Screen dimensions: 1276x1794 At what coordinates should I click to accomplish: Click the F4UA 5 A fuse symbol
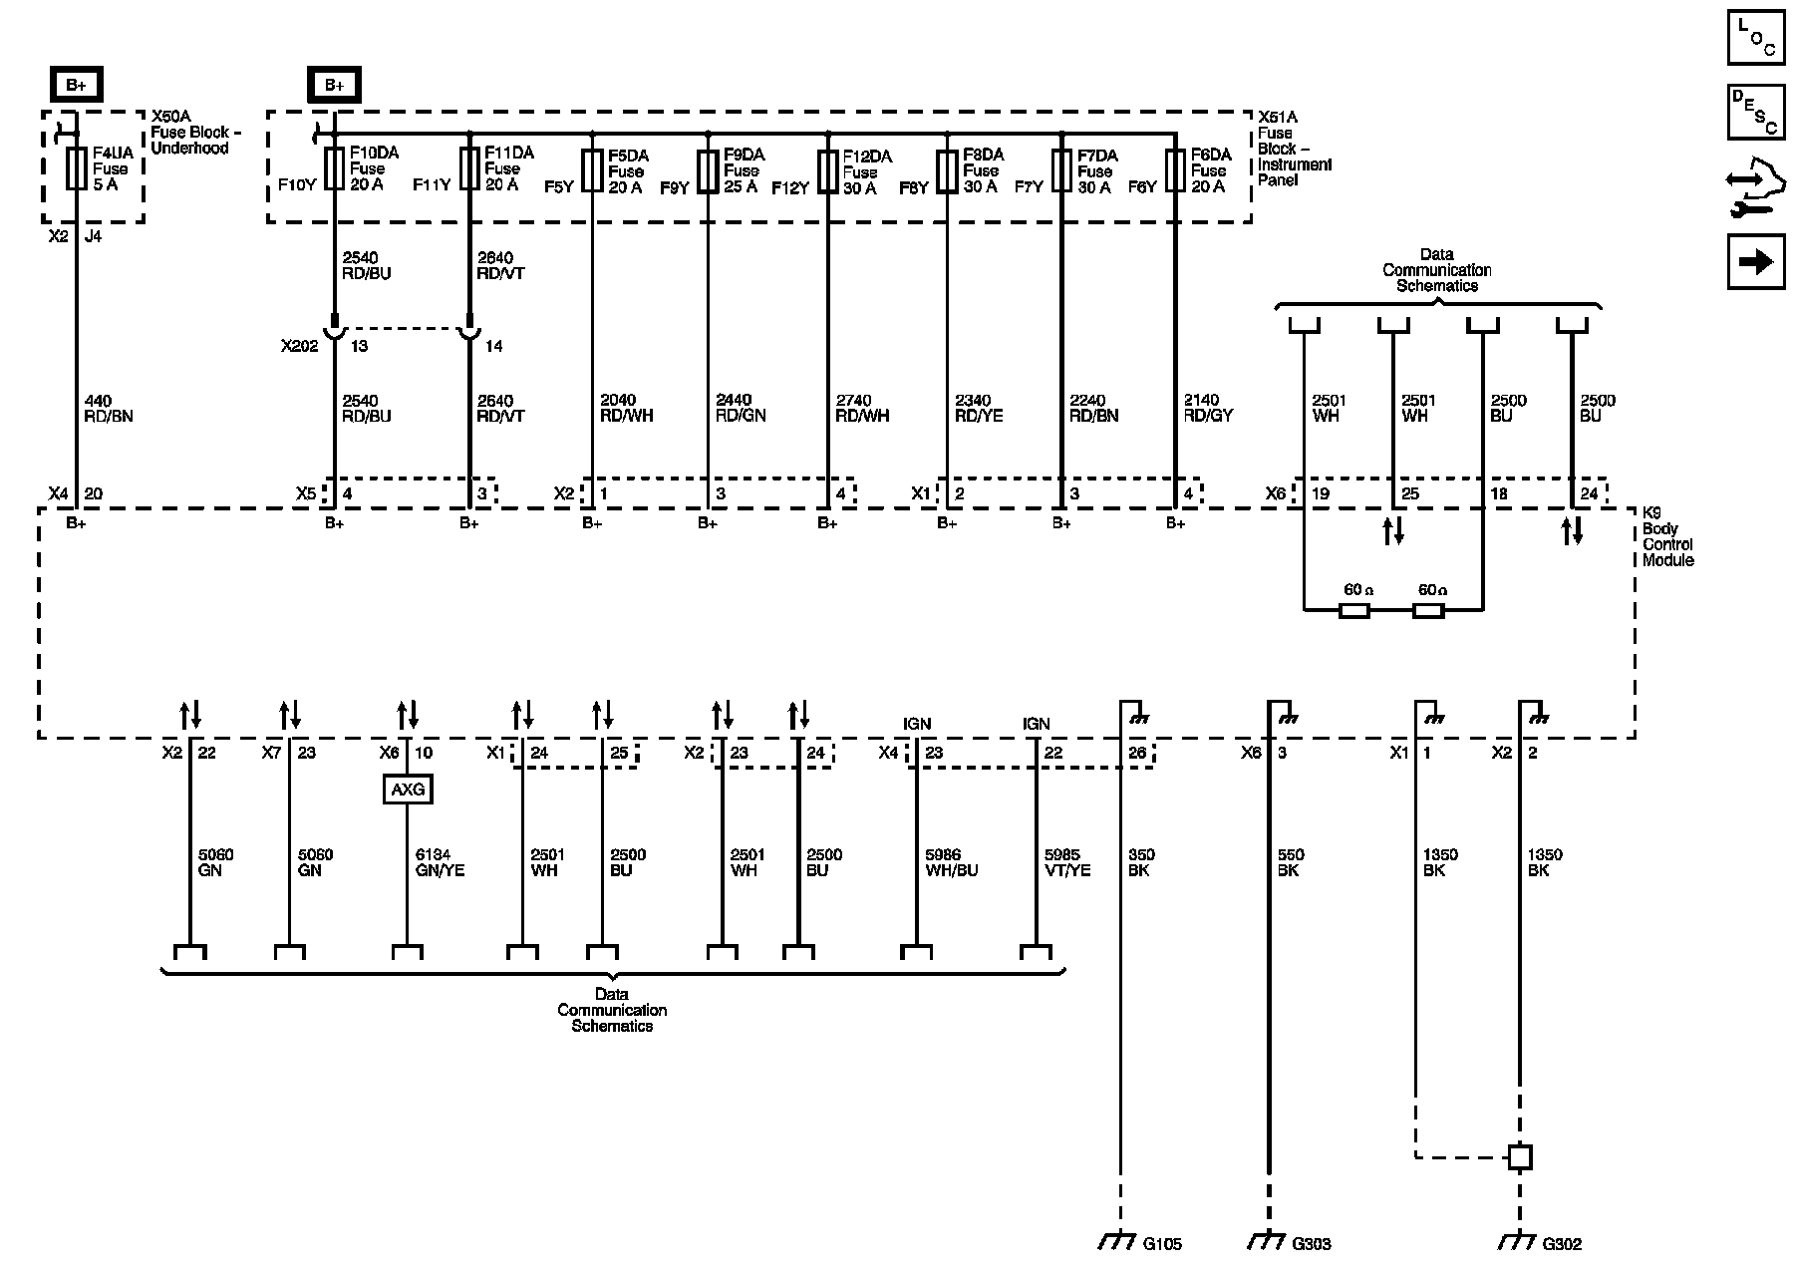click(x=76, y=168)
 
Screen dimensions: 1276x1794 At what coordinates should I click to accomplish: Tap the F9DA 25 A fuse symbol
click(x=708, y=170)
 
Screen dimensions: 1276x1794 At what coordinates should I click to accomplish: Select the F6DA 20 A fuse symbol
click(x=1176, y=170)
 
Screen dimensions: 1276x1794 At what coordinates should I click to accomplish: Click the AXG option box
click(x=408, y=790)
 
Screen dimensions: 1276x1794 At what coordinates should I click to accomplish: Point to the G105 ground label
click(x=1162, y=1244)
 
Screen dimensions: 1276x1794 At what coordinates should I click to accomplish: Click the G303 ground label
click(x=1311, y=1244)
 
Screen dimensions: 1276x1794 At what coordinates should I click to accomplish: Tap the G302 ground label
click(x=1562, y=1244)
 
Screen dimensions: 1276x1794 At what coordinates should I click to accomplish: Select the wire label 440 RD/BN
click(x=109, y=409)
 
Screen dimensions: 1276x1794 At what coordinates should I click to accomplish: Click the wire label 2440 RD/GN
click(x=741, y=408)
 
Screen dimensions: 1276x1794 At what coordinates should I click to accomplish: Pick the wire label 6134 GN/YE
click(x=440, y=862)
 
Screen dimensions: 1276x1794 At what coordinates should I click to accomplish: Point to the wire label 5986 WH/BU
click(x=952, y=862)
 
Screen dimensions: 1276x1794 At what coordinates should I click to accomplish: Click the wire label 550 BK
click(x=1291, y=862)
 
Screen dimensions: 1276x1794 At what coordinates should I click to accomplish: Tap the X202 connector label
click(x=298, y=346)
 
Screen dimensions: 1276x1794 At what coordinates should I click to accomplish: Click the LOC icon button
click(x=1756, y=37)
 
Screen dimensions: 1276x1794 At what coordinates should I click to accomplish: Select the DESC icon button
click(x=1756, y=112)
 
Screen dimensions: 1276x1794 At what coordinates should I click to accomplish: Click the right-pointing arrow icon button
click(x=1756, y=262)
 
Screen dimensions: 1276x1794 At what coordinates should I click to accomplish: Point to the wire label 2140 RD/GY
click(x=1208, y=408)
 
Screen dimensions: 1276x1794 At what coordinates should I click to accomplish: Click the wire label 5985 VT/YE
click(x=1066, y=862)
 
